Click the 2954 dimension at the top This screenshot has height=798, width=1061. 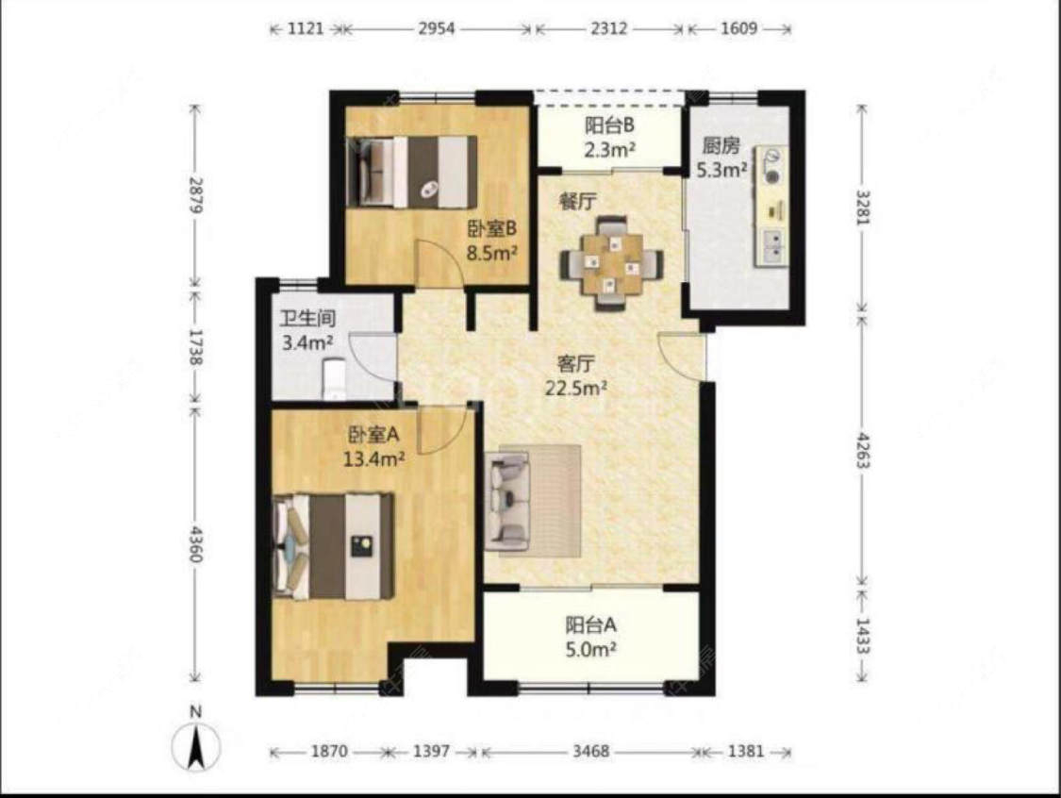437,29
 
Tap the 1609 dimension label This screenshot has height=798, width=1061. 738,29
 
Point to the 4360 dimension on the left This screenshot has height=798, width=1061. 195,542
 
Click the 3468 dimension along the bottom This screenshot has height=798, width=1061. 590,751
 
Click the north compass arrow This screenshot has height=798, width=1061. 195,745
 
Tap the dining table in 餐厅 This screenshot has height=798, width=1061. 612,262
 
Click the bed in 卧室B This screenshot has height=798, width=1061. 412,172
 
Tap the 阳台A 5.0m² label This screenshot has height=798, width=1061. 590,637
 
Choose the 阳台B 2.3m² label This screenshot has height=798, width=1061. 609,138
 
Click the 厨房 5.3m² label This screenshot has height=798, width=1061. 721,158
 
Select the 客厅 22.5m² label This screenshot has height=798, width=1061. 576,376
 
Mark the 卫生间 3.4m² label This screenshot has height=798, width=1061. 307,330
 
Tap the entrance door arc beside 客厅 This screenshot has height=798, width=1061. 681,356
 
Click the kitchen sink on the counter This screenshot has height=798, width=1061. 772,245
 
